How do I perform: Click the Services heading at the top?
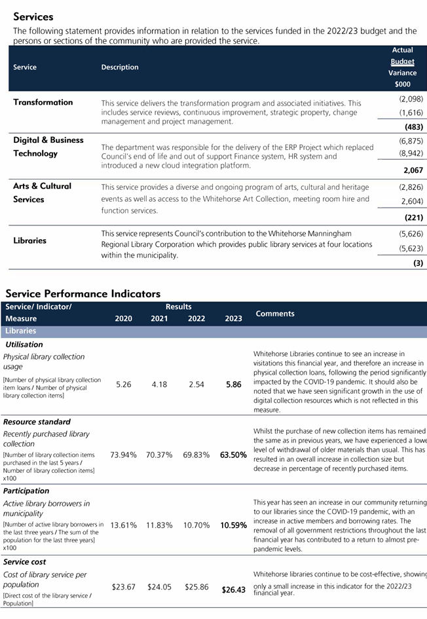click(x=33, y=17)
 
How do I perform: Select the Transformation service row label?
click(x=43, y=102)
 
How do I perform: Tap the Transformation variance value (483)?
click(x=413, y=127)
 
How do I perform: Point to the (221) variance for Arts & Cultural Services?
click(x=413, y=217)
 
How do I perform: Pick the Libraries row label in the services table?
click(x=30, y=240)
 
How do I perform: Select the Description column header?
click(x=120, y=67)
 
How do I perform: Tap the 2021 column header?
click(x=159, y=319)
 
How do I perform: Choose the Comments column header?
click(x=275, y=314)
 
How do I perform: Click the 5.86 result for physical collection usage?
click(x=233, y=385)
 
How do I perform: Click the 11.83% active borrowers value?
click(x=159, y=525)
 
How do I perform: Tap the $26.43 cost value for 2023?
click(x=233, y=590)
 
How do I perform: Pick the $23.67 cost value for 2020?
click(x=123, y=588)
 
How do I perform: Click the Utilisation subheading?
click(x=24, y=345)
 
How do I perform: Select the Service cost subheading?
click(x=24, y=562)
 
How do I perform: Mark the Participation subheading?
click(x=26, y=491)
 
